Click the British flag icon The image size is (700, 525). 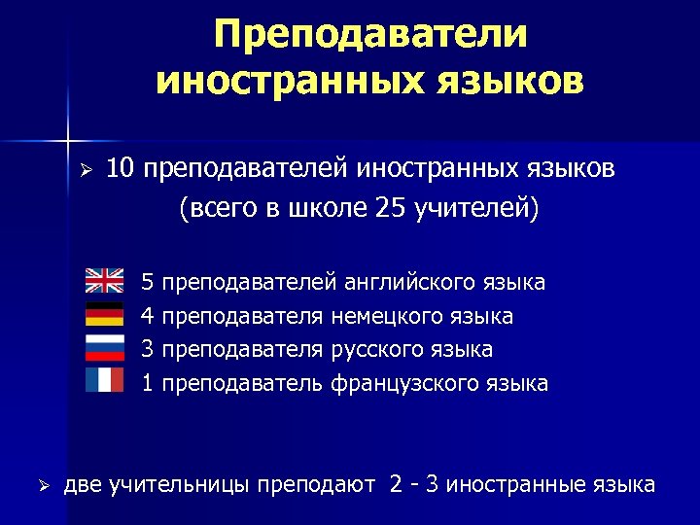click(104, 281)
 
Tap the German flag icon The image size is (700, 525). click(104, 314)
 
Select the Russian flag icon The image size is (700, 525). click(104, 346)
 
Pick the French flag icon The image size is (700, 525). click(104, 379)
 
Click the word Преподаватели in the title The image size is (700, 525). click(371, 35)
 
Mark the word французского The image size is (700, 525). click(399, 383)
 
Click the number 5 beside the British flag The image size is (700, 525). click(148, 283)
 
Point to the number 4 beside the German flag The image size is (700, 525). click(148, 316)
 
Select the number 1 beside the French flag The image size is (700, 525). click(148, 383)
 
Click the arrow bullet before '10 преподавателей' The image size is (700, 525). click(85, 171)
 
